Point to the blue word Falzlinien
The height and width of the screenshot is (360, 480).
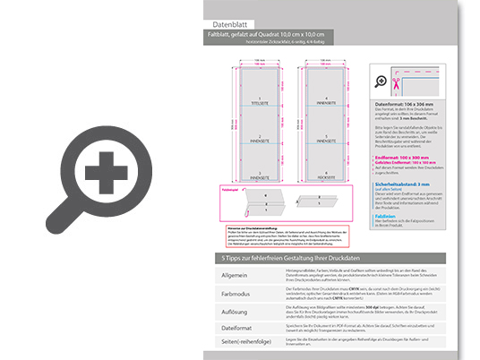(x=386, y=216)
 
